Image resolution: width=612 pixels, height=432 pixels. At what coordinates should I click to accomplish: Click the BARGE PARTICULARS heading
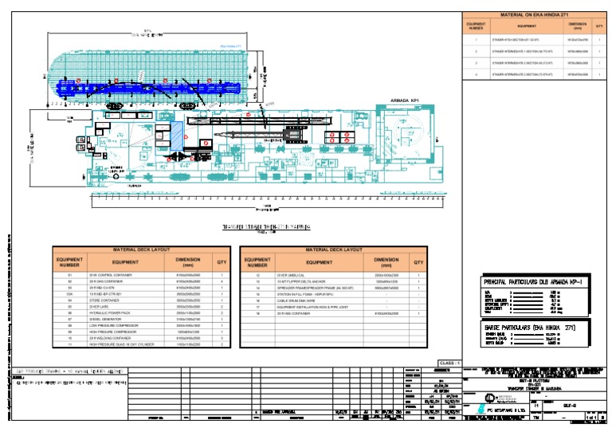click(x=530, y=327)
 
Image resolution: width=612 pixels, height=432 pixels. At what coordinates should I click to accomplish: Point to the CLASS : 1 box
click(x=449, y=363)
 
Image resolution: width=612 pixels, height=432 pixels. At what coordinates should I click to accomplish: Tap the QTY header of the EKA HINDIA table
click(x=599, y=26)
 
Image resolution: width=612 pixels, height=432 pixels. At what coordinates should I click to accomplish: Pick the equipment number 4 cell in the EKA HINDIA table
click(x=476, y=73)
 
